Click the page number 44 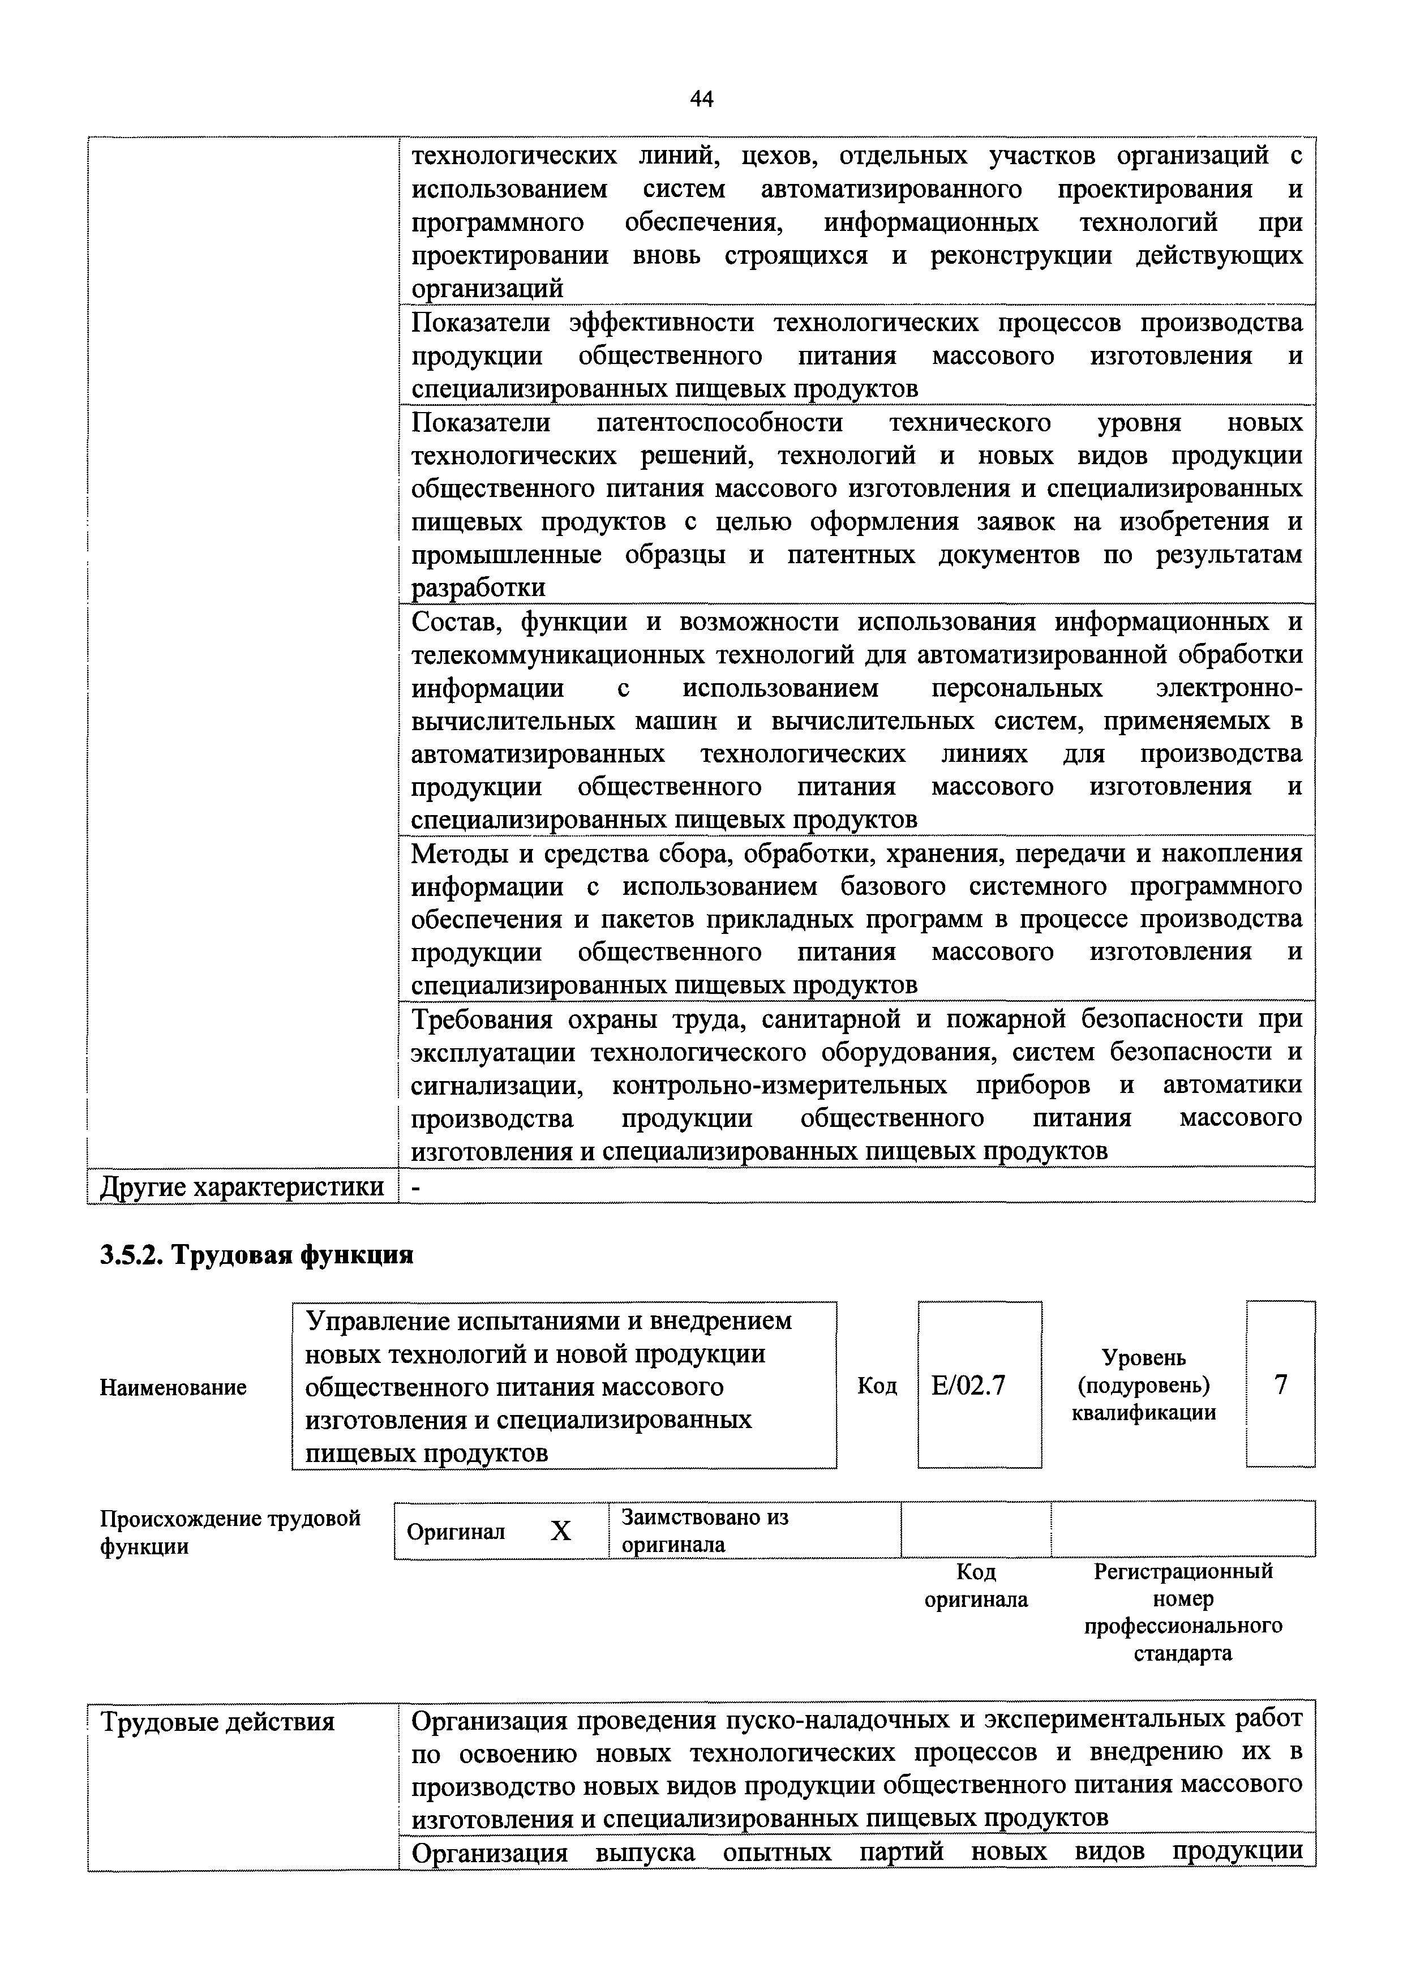tap(701, 100)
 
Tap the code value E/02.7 tap(968, 1386)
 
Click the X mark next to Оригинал tap(561, 1531)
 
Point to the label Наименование tap(173, 1388)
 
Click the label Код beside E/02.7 tap(877, 1386)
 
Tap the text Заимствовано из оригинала tap(705, 1530)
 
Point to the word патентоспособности tap(719, 423)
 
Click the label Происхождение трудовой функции tap(230, 1531)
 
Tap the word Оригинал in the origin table tap(456, 1532)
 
